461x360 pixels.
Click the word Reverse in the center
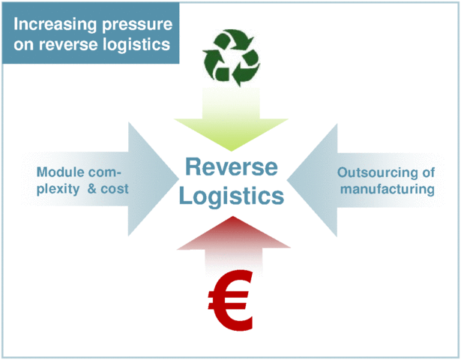pos(230,166)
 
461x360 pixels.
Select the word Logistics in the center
pos(230,196)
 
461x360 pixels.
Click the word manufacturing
pos(388,188)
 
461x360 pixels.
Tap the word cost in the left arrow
pos(112,188)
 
